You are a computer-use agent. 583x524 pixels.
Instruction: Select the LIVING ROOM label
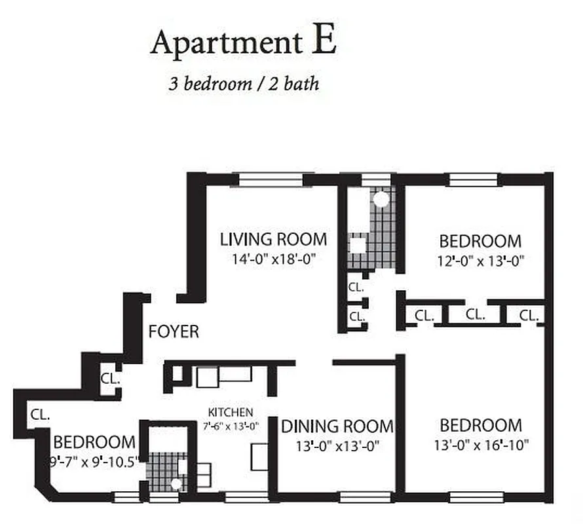(x=273, y=238)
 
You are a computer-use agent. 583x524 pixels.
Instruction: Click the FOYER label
(x=174, y=331)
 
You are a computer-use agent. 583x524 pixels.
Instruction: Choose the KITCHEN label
(x=230, y=413)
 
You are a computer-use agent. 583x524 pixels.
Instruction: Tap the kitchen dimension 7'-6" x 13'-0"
(x=231, y=426)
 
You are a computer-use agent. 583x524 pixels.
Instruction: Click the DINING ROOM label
(x=337, y=427)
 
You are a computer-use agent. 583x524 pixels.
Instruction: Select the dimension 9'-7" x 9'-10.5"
(x=94, y=460)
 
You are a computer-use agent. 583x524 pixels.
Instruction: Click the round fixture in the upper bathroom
(x=381, y=198)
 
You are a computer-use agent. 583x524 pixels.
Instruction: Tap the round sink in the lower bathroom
(x=176, y=485)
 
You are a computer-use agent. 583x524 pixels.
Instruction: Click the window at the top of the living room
(x=271, y=179)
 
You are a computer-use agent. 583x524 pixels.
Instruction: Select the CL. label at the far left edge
(x=36, y=414)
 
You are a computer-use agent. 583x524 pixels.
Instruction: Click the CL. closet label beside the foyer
(x=109, y=379)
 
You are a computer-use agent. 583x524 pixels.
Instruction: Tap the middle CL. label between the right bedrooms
(x=476, y=315)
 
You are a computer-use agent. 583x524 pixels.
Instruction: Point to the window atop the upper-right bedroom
(x=474, y=179)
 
